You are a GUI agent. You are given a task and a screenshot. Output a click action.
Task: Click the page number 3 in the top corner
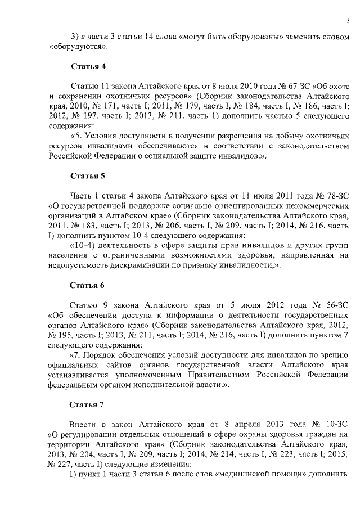click(x=348, y=21)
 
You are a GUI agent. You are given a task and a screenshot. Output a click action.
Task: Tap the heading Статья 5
click(x=88, y=176)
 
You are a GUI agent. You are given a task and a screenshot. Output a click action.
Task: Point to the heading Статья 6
click(x=88, y=285)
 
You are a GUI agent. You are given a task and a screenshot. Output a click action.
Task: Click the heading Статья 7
click(x=88, y=404)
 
